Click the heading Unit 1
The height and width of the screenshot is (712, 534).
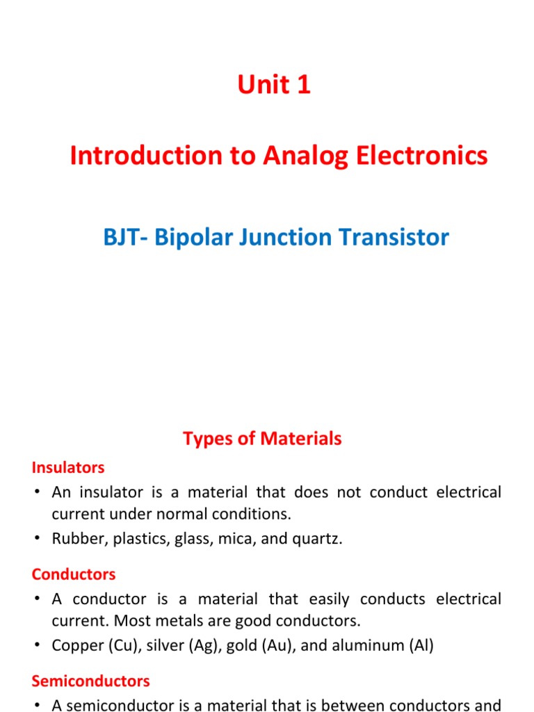point(274,85)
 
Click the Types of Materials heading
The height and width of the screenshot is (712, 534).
point(262,439)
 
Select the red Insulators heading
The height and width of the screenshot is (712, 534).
point(68,467)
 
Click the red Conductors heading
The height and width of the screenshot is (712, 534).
point(74,574)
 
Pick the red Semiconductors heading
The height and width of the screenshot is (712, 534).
point(90,681)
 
